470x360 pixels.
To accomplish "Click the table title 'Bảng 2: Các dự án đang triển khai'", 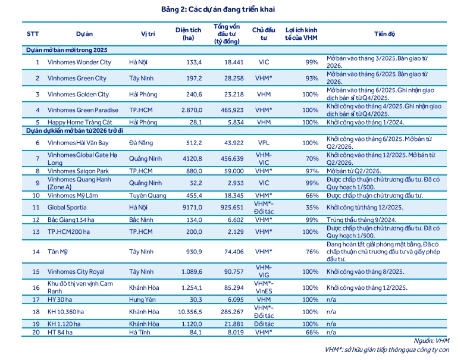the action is tap(218, 10).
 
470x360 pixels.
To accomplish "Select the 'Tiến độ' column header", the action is tap(384, 34).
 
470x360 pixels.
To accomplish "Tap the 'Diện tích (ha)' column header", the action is tap(188, 34).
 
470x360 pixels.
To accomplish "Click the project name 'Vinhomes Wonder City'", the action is tap(79, 62).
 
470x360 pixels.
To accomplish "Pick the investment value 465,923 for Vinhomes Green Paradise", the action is tap(232, 110).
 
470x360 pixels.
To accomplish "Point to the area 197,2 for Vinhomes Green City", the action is tap(194, 78).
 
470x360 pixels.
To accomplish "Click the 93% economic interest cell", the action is tap(312, 78).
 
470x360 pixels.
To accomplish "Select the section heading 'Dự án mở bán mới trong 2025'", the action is tap(67, 50).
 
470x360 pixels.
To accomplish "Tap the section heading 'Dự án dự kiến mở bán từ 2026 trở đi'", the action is tap(74, 131).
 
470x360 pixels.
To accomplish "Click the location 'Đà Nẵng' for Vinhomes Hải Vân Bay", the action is tap(141, 143).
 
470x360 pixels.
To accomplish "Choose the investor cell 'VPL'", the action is tap(264, 143).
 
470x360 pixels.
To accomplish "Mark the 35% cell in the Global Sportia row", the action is tap(312, 208).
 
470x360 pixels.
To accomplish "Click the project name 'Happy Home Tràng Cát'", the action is tap(80, 123).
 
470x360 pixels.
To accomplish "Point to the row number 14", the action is tap(36, 252).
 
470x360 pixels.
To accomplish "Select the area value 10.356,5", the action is tap(190, 312).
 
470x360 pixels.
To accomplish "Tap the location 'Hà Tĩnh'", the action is tap(140, 332).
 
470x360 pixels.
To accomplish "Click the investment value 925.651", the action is tap(232, 208).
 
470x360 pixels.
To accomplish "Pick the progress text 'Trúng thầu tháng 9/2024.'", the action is tap(362, 220).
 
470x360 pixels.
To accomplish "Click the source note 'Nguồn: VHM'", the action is tap(431, 340).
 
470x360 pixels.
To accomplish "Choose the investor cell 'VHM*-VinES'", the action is tap(264, 287).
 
